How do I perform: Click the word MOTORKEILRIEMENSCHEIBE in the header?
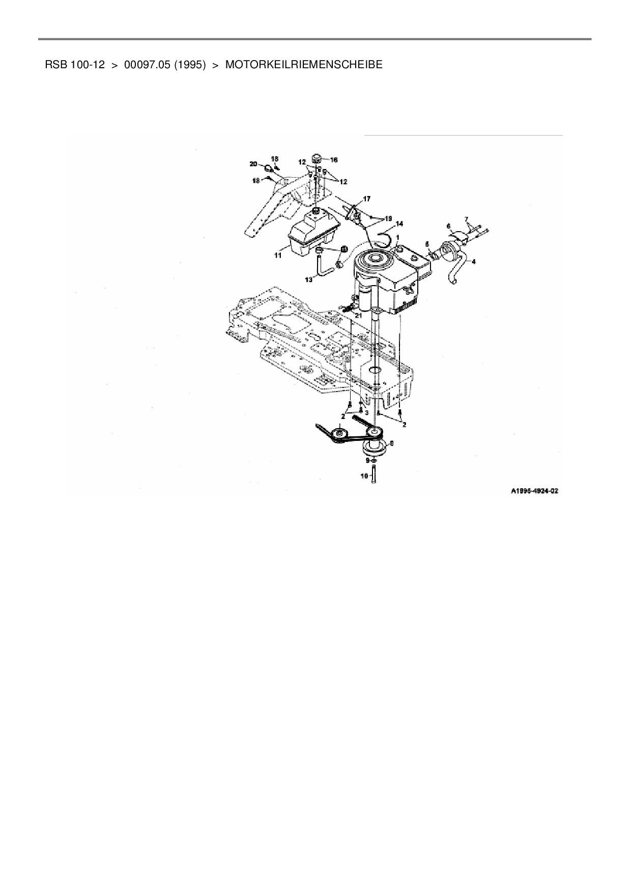click(x=303, y=65)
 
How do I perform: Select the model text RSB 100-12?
click(x=75, y=65)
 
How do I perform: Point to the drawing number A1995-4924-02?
click(x=535, y=491)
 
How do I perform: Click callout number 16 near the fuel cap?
click(x=334, y=160)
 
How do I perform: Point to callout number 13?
click(x=308, y=280)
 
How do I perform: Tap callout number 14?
click(x=399, y=224)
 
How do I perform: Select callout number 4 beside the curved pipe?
click(x=474, y=262)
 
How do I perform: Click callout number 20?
click(x=253, y=163)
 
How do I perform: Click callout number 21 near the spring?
click(x=358, y=315)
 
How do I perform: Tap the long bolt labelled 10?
click(x=374, y=477)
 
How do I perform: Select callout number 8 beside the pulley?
click(x=391, y=443)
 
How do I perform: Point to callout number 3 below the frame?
click(x=366, y=412)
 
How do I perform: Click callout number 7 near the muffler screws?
click(x=466, y=219)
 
